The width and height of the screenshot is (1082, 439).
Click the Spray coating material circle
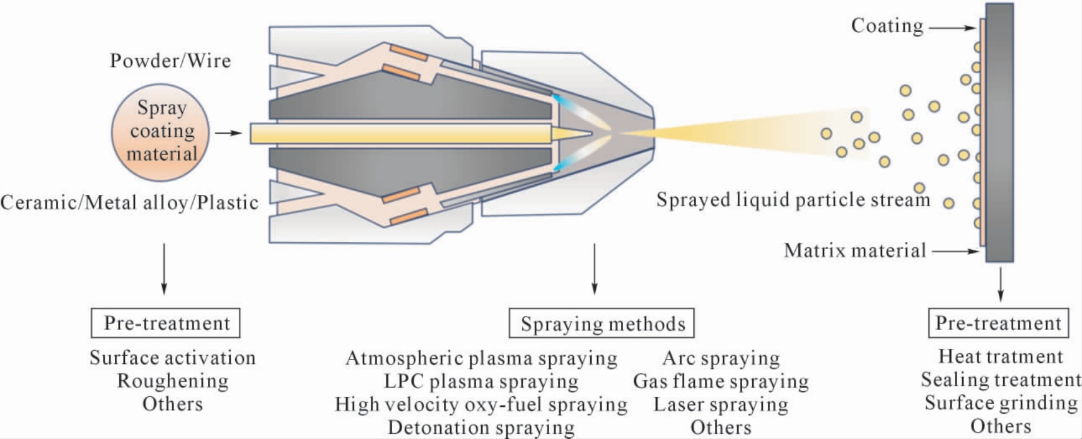pos(160,132)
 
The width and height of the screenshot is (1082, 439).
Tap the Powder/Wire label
pos(170,61)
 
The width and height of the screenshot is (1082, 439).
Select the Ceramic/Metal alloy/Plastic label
pos(129,202)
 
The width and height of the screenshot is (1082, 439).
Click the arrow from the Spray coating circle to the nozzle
pos(228,133)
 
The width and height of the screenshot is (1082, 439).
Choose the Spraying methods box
pos(602,323)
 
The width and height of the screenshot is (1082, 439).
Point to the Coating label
pos(887,26)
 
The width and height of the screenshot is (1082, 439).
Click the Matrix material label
pos(854,250)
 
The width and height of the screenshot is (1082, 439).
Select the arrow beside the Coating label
pos(952,28)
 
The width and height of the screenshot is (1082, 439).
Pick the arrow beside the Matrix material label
pos(955,251)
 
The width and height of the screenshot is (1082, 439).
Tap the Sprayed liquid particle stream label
pos(793,200)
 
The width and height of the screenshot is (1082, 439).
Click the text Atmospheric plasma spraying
pos(482,358)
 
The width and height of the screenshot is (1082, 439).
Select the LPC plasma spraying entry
pos(481,382)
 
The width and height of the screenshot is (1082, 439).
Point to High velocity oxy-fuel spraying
pos(481,404)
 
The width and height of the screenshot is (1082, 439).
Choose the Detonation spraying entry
pos(481,428)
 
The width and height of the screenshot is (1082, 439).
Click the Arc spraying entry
pos(721,358)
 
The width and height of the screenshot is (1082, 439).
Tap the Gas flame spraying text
pos(721,382)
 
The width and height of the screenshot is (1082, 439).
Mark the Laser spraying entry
pos(721,404)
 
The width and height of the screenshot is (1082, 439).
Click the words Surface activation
pos(172,358)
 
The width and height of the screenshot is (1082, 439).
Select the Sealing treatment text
pos(1001,380)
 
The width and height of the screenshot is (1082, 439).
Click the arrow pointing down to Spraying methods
pos(594,269)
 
